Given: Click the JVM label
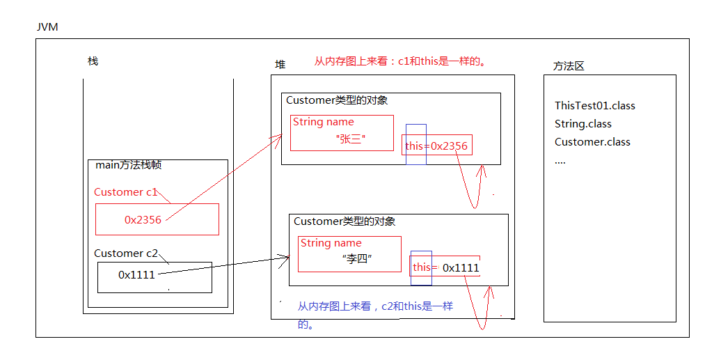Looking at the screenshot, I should [47, 26].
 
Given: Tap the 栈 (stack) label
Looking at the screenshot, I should [93, 61].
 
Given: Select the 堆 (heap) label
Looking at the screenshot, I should [280, 64].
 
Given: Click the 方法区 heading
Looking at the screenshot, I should [568, 66].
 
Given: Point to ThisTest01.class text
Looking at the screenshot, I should [594, 106].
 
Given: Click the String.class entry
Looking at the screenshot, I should [583, 124].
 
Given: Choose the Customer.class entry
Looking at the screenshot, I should [592, 142].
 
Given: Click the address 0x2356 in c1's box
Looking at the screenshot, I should [143, 219].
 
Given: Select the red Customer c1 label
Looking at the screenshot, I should [126, 192].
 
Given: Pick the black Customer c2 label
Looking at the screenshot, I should [126, 253].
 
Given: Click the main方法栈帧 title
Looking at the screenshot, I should [129, 166].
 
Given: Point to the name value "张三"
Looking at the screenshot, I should [351, 139].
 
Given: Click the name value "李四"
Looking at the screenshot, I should [358, 258].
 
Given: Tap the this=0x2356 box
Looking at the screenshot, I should [437, 146].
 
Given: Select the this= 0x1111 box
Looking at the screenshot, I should [445, 267].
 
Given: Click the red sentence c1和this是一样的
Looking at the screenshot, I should [399, 61].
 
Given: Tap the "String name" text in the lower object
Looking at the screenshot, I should [331, 243].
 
